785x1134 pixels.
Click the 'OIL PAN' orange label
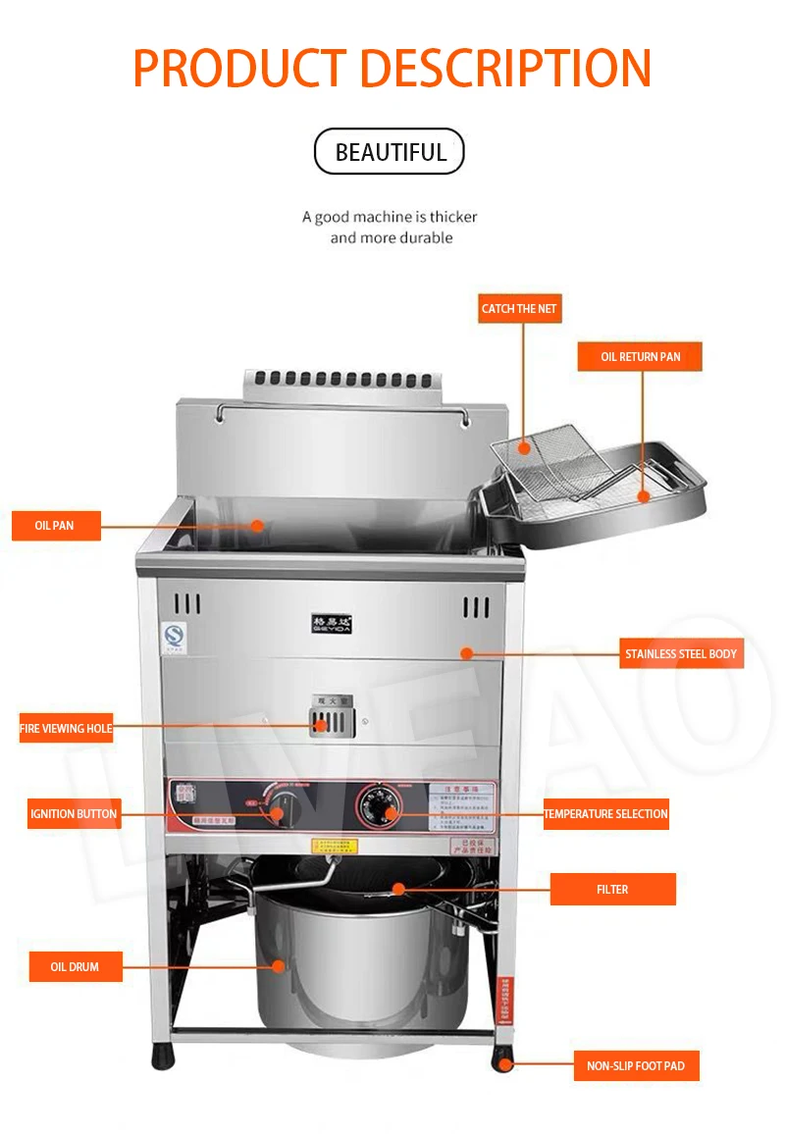[x=56, y=526]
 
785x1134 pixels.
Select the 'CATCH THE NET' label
[x=519, y=308]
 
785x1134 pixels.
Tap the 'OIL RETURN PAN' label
[x=640, y=357]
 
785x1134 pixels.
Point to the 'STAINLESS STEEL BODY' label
[x=680, y=654]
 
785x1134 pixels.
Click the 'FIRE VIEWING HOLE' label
[x=67, y=728]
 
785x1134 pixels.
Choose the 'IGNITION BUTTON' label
[x=74, y=814]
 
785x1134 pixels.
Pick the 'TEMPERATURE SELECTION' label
[x=606, y=814]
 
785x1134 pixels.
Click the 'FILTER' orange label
[x=612, y=890]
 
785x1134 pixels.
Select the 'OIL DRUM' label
[x=76, y=967]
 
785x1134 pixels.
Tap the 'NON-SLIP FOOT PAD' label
[x=636, y=1065]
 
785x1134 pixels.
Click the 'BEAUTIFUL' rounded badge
[x=390, y=152]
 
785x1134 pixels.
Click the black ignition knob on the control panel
[x=278, y=813]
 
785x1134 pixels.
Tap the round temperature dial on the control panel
[x=378, y=802]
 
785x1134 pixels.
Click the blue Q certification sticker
[x=175, y=636]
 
